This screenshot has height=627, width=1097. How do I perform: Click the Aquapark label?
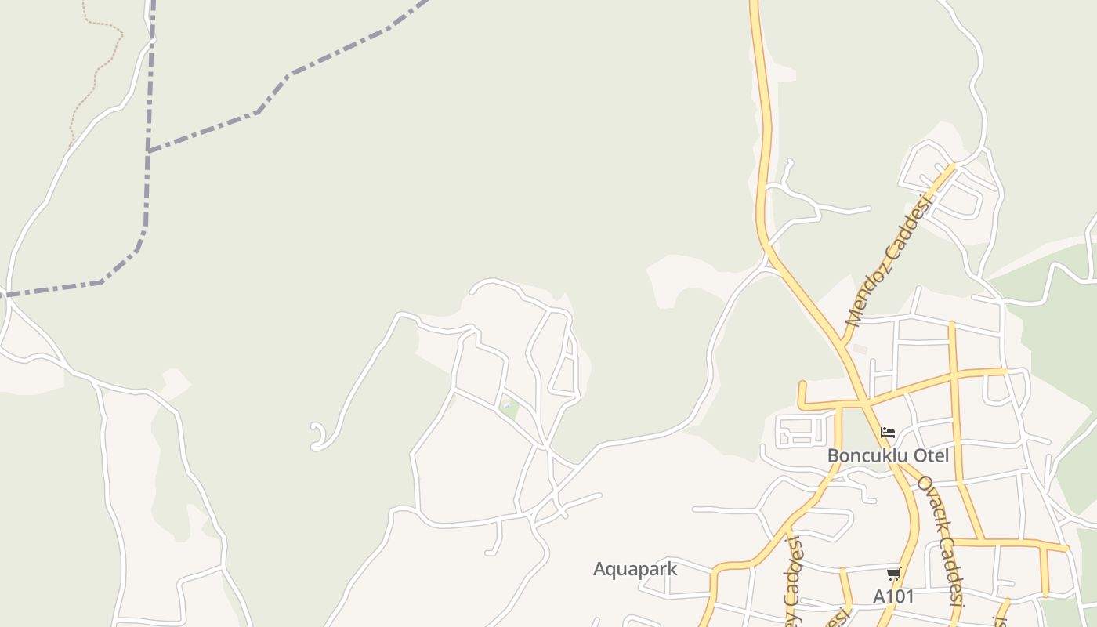point(635,569)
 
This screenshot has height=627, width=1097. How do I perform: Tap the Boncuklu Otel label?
point(888,455)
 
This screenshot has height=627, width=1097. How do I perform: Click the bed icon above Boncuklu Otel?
point(888,433)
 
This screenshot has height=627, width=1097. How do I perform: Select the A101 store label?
point(893,596)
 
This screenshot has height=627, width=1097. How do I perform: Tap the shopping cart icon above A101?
point(893,574)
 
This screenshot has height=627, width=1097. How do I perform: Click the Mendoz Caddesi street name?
point(889,262)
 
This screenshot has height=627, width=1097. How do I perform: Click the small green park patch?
point(509,408)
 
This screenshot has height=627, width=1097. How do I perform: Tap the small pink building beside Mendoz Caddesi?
point(860,349)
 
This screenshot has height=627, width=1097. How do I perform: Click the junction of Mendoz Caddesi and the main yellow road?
point(843,341)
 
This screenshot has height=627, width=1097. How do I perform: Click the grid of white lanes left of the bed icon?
point(802,429)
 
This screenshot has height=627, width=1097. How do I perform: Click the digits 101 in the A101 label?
point(900,596)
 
